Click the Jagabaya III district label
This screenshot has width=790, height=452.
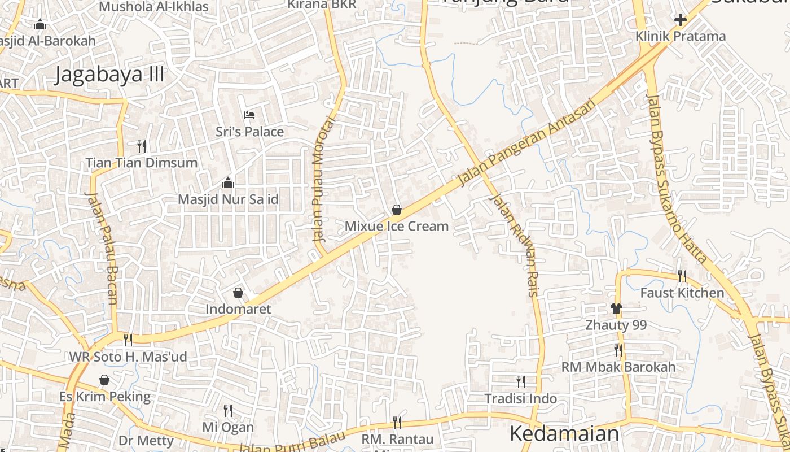[109, 75]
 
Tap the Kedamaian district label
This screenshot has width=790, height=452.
[564, 434]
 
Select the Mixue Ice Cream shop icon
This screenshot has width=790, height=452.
[397, 210]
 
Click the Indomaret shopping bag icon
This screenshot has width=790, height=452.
[238, 293]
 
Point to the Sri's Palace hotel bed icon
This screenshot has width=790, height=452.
[249, 115]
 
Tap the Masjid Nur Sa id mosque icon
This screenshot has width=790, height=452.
[228, 182]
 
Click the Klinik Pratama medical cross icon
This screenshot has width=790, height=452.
[681, 20]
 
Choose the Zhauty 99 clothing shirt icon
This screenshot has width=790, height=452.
[616, 308]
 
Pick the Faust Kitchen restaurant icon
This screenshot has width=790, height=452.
[682, 276]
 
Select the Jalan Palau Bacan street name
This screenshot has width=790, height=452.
[102, 248]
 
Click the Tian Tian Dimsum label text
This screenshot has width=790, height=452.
[142, 163]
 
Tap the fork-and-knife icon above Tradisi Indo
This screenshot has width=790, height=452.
[520, 382]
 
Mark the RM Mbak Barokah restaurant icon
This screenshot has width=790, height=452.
[618, 350]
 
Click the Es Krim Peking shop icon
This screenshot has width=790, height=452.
[104, 380]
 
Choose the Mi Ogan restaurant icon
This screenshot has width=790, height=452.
[228, 410]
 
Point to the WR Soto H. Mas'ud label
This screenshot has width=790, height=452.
[128, 357]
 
